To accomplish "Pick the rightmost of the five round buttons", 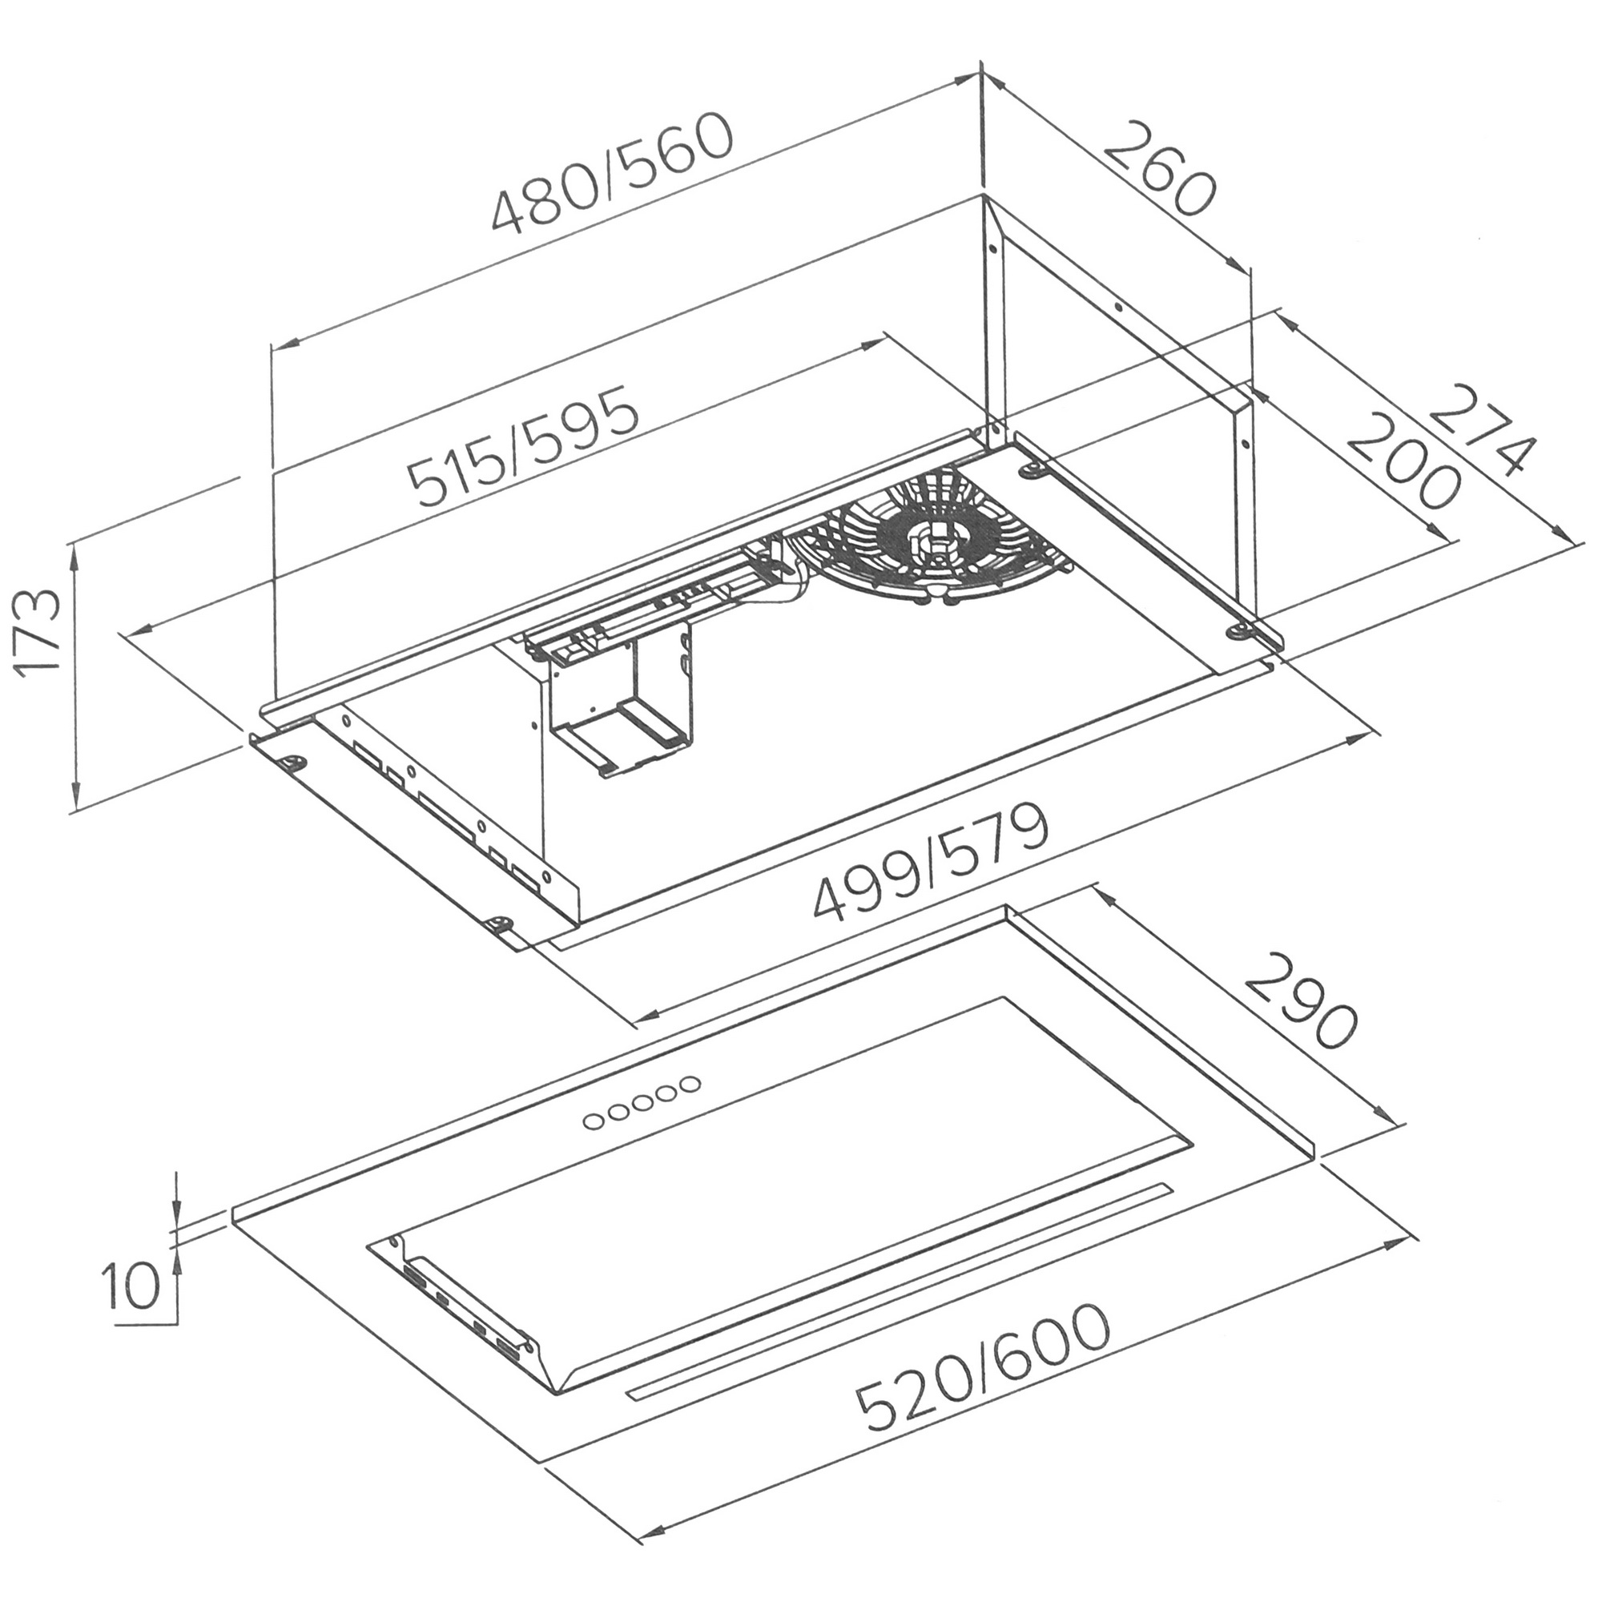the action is click(688, 1084).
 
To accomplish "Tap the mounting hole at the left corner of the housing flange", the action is click(292, 760).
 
